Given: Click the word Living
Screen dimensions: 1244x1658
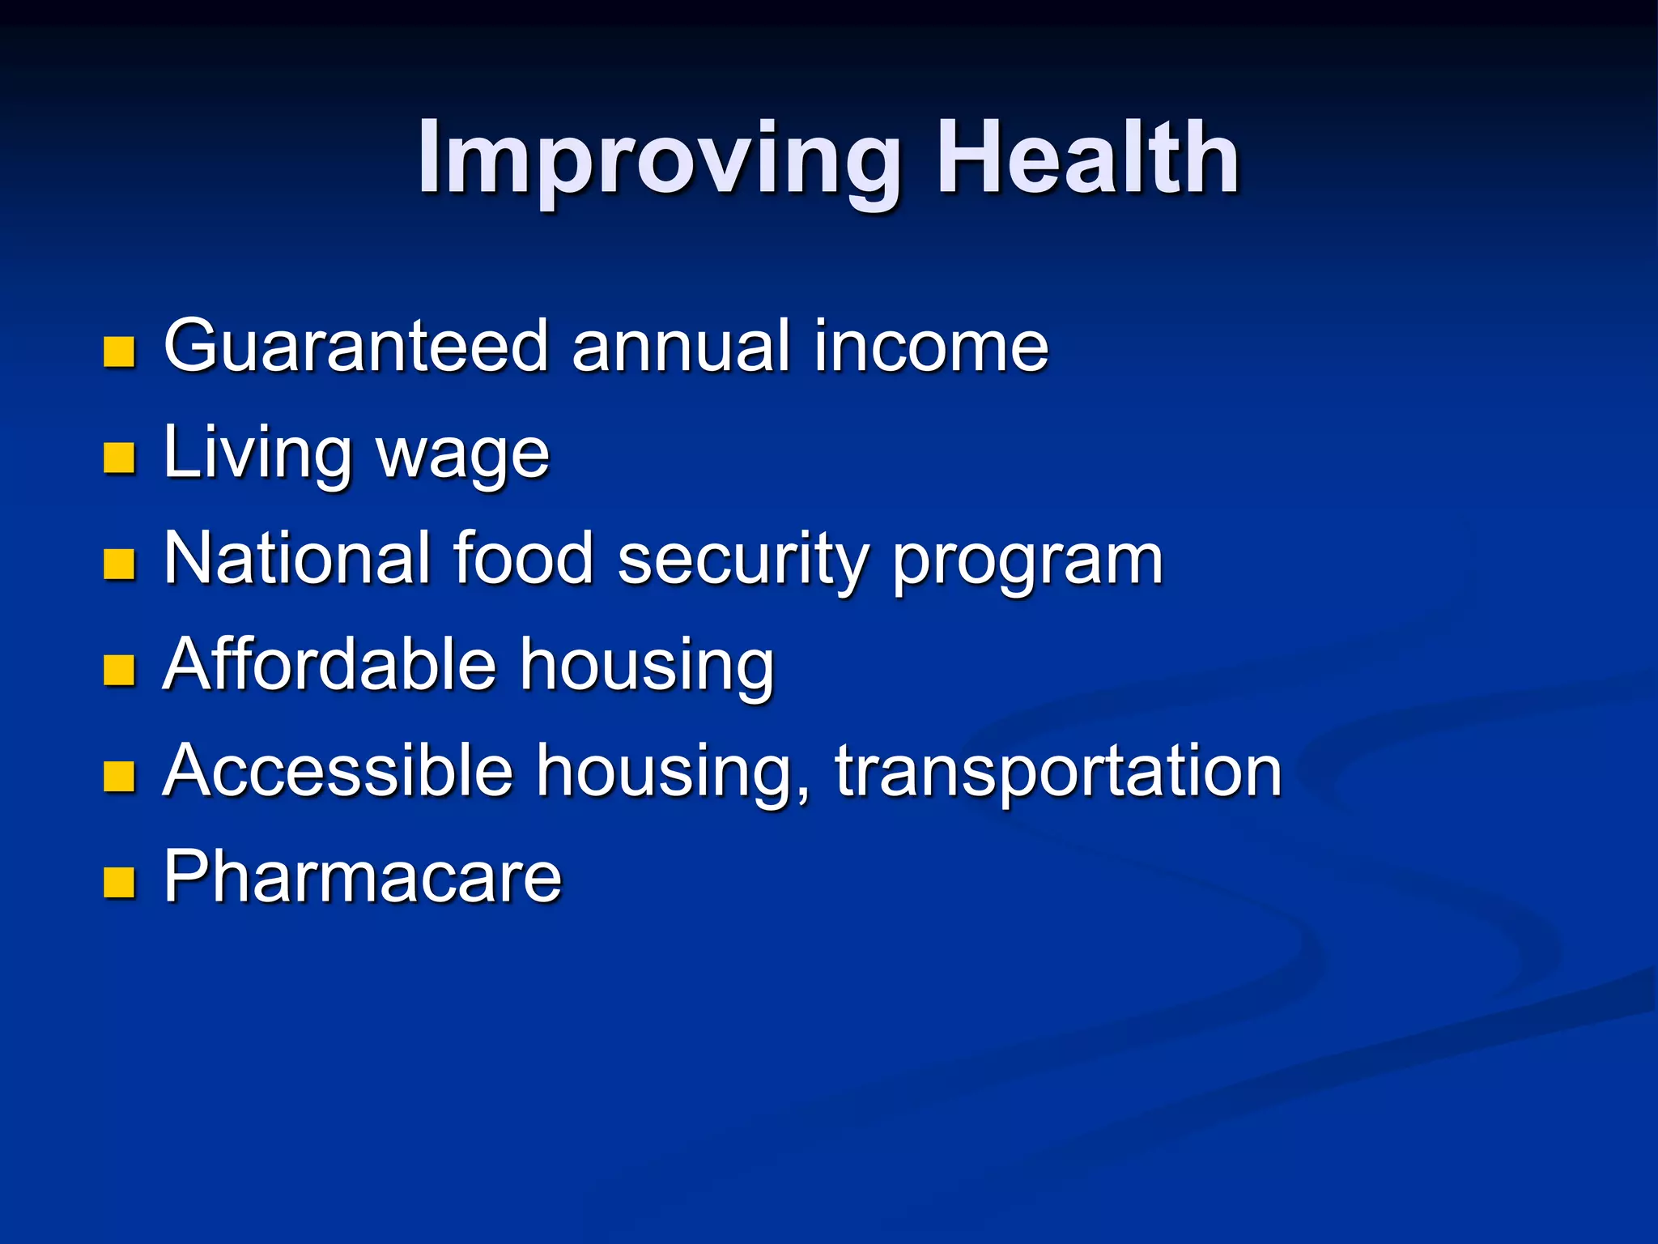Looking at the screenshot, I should pos(257,454).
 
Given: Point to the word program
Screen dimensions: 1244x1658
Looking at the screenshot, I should pos(1027,564).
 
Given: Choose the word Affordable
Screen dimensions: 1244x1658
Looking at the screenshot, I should pos(329,665).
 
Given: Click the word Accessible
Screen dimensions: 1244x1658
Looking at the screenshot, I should pos(338,771).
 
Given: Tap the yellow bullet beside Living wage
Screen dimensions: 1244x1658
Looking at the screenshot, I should pos(119,458).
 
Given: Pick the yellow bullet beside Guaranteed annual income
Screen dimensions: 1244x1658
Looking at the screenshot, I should pos(119,352).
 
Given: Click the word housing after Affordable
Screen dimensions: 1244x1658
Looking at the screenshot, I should pos(647,667).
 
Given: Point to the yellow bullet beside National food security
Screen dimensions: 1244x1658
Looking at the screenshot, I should pos(119,564).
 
